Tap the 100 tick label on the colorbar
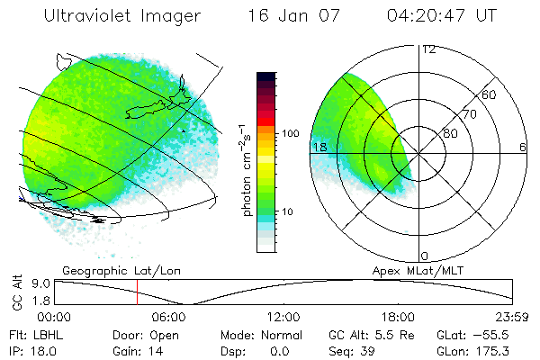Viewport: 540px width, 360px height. [x=289, y=133]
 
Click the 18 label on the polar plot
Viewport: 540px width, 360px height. [x=319, y=147]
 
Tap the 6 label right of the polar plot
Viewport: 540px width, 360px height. [x=523, y=147]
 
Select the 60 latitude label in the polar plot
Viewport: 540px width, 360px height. [x=490, y=95]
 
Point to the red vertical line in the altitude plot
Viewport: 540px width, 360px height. [x=137, y=292]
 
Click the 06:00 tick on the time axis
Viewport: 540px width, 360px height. [x=168, y=317]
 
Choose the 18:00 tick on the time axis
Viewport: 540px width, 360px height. [x=398, y=317]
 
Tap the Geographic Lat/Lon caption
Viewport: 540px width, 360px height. [x=108, y=270]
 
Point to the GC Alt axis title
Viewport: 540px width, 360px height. [x=15, y=292]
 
